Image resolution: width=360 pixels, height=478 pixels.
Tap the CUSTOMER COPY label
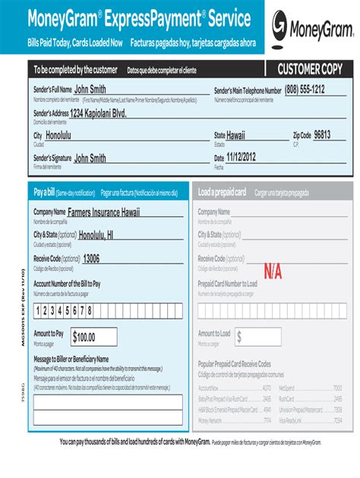coord(309,70)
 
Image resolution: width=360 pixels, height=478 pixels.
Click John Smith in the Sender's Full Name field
coord(90,90)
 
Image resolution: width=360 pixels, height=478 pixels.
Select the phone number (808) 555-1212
coord(305,90)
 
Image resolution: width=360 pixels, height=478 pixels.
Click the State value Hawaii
coord(236,135)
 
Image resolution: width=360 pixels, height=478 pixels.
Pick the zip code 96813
coord(323,135)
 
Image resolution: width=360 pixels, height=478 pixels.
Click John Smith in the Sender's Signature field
coord(90,159)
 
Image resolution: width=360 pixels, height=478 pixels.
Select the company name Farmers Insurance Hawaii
coord(104,212)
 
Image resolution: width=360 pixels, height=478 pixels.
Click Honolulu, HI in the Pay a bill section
coord(96,235)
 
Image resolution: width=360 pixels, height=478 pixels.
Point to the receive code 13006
coord(91,259)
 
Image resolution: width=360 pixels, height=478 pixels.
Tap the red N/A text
coord(273,271)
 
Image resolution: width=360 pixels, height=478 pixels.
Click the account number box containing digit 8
coord(90,310)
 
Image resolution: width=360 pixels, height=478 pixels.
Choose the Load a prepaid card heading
coord(222,193)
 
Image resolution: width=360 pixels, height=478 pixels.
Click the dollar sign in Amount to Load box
coord(239,337)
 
